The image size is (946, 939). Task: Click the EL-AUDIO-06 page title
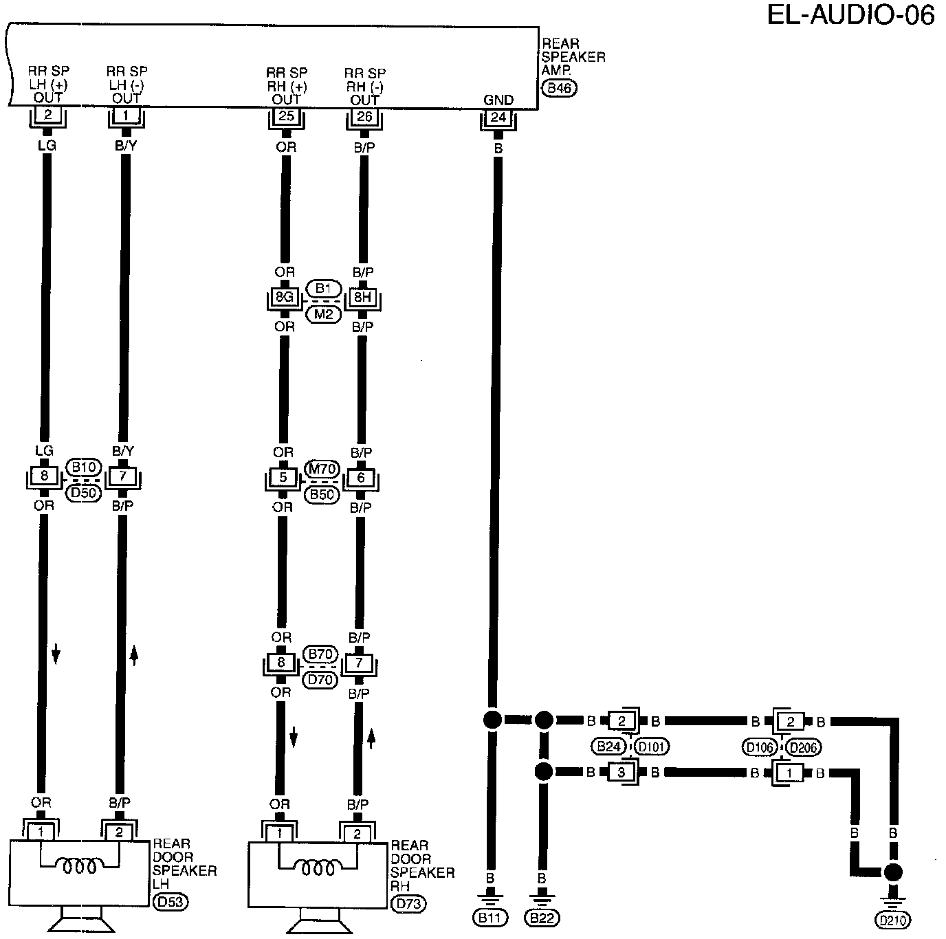click(850, 15)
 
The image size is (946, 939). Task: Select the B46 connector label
click(559, 88)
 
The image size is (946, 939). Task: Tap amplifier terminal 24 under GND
click(498, 118)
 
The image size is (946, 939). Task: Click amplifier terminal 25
click(286, 116)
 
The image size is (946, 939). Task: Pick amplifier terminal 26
click(364, 117)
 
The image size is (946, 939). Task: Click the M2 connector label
click(323, 314)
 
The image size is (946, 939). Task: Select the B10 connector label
click(84, 468)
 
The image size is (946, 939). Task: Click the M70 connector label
click(322, 469)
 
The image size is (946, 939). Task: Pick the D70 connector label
click(320, 680)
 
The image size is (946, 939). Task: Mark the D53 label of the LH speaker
click(169, 901)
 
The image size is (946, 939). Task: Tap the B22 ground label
click(542, 917)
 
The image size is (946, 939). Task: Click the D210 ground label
click(892, 920)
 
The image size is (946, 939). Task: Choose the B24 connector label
click(609, 746)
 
